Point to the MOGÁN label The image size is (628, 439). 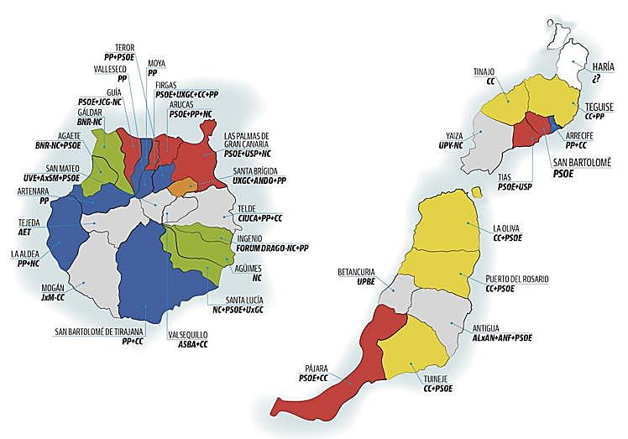(53, 286)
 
